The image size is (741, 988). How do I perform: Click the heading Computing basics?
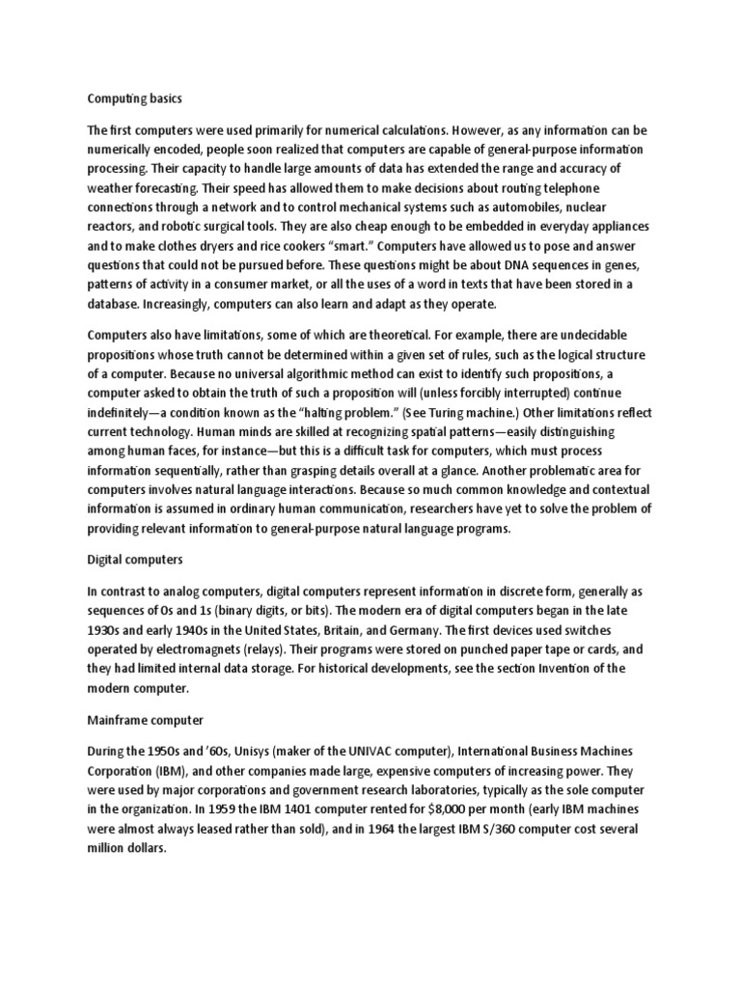[x=134, y=98]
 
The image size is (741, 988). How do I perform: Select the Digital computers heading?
[x=135, y=559]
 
